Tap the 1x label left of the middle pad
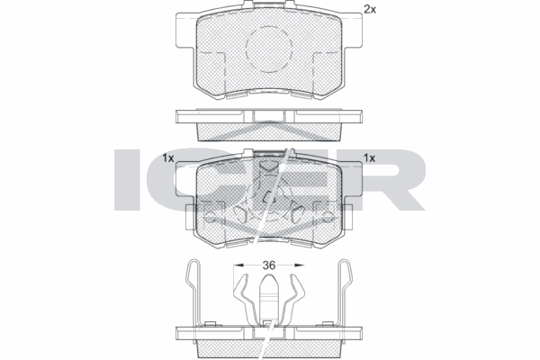click(168, 157)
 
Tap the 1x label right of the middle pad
click(368, 157)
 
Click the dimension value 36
click(268, 265)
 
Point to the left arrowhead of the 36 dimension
click(236, 265)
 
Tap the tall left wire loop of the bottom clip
click(191, 288)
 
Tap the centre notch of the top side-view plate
click(268, 115)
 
